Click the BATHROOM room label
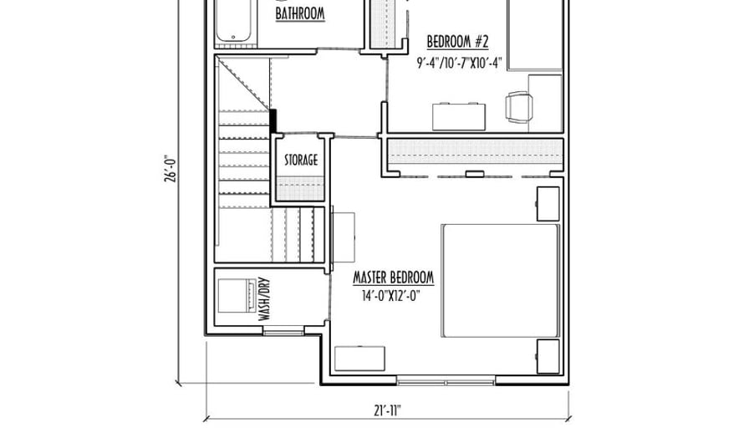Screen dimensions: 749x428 pyautogui.click(x=300, y=13)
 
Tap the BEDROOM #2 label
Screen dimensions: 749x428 pyautogui.click(x=457, y=42)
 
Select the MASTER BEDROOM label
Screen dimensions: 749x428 pyautogui.click(x=394, y=278)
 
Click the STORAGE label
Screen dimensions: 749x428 pyautogui.click(x=301, y=160)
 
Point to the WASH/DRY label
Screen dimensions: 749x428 pyautogui.click(x=263, y=299)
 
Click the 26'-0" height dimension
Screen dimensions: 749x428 pyautogui.click(x=170, y=168)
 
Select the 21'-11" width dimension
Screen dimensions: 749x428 pyautogui.click(x=387, y=410)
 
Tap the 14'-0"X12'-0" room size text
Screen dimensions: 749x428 pyautogui.click(x=390, y=296)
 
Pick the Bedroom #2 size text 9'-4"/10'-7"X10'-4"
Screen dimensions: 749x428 pyautogui.click(x=459, y=63)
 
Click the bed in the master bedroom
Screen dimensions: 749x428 pyautogui.click(x=500, y=281)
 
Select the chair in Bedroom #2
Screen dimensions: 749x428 pyautogui.click(x=519, y=107)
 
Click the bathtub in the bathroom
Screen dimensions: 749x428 pyautogui.click(x=233, y=21)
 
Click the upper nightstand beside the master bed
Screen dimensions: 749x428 pyautogui.click(x=548, y=204)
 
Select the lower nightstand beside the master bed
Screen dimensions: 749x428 pyautogui.click(x=548, y=357)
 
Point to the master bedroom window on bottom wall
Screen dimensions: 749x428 pyautogui.click(x=446, y=381)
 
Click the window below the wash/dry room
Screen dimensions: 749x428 pyautogui.click(x=283, y=330)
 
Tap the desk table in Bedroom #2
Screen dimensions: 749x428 pyautogui.click(x=459, y=116)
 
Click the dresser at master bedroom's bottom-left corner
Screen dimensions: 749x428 pyautogui.click(x=359, y=359)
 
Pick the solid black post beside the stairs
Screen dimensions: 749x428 pyautogui.click(x=273, y=121)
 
